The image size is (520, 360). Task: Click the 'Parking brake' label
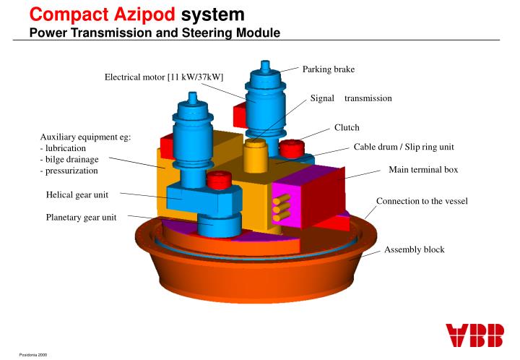coord(329,69)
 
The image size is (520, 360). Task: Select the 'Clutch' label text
coord(347,128)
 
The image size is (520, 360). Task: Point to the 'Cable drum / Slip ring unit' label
coord(404,147)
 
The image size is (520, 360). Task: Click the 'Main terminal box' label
coord(423,170)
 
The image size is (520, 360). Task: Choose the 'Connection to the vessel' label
coord(422,200)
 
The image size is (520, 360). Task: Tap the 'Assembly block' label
coord(415,249)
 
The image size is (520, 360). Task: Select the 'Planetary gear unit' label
coord(81,216)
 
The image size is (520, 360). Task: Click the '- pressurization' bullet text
coord(69,171)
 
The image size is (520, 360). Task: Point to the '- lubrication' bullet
coord(66,147)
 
